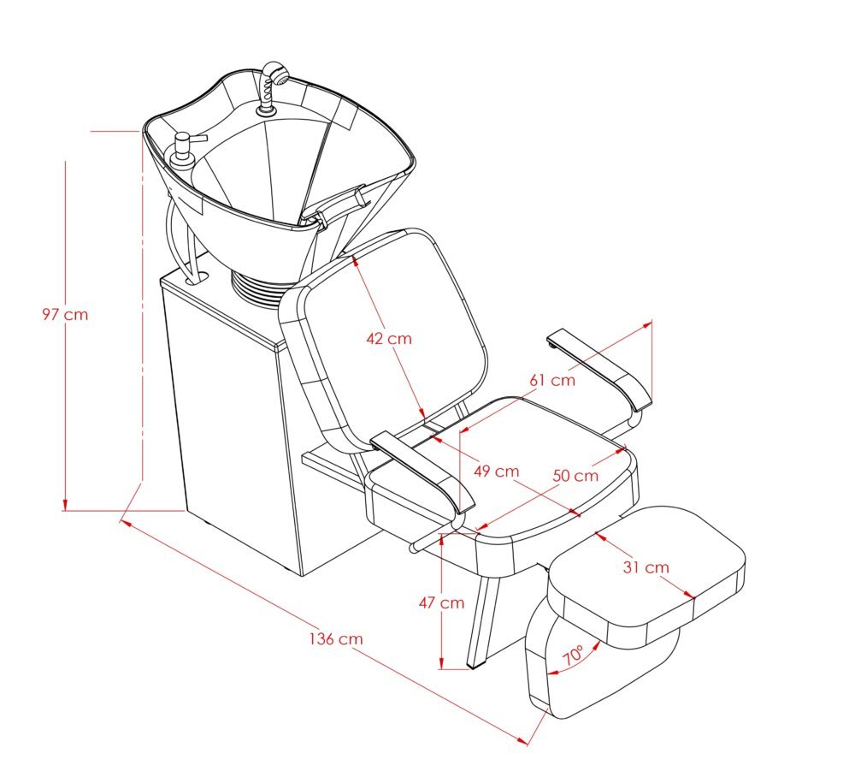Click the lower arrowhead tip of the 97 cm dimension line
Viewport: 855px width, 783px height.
[65, 510]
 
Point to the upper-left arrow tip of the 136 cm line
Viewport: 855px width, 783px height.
[120, 520]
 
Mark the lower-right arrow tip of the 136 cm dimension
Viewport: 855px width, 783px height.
[528, 743]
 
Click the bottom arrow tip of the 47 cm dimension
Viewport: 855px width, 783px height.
[442, 668]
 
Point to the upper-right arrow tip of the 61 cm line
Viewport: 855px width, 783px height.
[652, 322]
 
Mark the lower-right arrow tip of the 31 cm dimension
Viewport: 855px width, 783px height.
[693, 598]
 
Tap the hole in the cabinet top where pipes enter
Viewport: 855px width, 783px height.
[198, 279]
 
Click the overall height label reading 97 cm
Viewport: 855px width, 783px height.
[65, 314]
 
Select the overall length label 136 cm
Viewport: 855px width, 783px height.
[336, 638]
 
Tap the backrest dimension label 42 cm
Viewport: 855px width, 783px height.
[389, 338]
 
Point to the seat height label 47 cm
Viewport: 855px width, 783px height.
[442, 602]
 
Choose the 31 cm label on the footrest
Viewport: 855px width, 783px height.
[646, 567]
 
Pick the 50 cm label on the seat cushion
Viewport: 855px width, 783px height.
[575, 476]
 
